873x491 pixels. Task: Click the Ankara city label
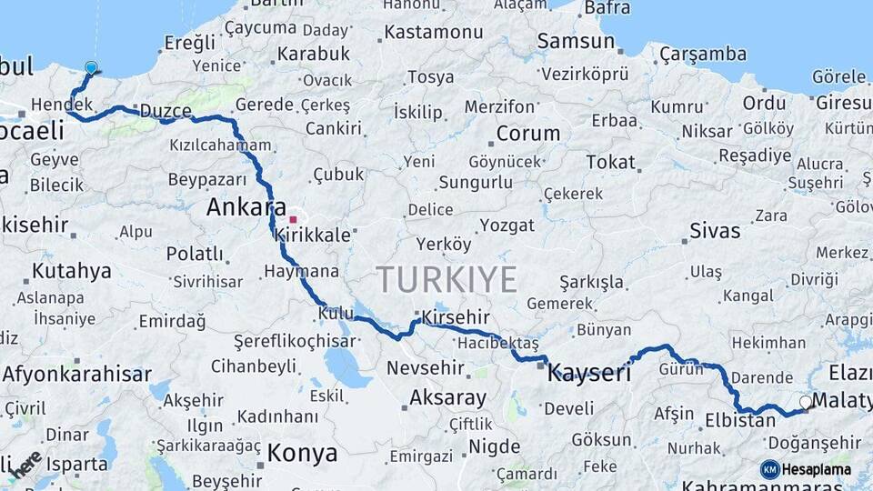coord(246,207)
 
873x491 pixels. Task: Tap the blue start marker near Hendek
coord(91,68)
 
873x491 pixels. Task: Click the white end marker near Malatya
coord(805,401)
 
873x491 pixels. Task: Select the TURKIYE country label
coord(447,278)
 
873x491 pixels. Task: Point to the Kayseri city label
coord(589,371)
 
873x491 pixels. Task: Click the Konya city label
coord(302,453)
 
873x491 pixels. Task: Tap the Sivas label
coord(715,230)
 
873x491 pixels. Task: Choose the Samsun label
coord(576,41)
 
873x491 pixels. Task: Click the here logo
coord(25,464)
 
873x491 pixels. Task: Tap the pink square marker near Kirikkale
coord(293,219)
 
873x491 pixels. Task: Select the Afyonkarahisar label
coord(76,373)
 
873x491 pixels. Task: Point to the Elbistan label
coord(740,421)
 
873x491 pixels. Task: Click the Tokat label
coord(610,162)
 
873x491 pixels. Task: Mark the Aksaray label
coord(447,397)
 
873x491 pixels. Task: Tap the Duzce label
coord(165,111)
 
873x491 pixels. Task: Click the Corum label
coord(527,134)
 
